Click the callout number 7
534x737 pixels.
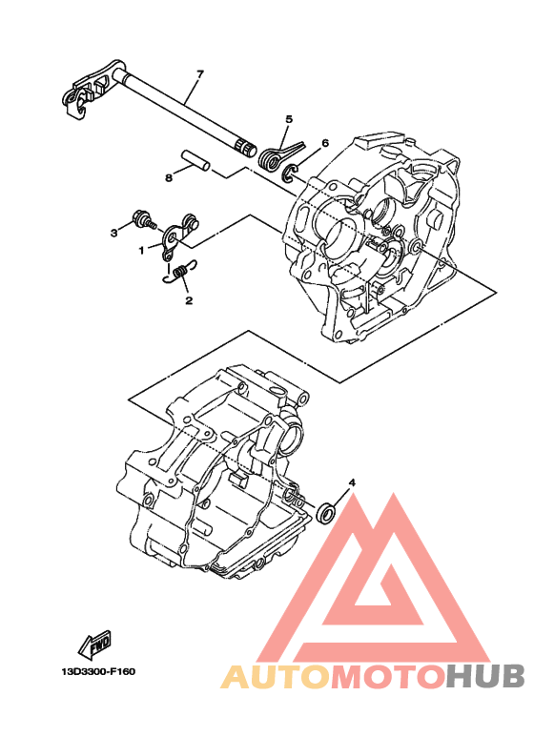tap(200, 73)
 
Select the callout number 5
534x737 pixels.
tap(287, 120)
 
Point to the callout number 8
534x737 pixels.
tap(168, 177)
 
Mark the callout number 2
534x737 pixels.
tap(188, 300)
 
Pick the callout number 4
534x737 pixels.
tap(352, 483)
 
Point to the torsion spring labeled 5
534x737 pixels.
tap(276, 156)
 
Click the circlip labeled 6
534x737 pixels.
tap(293, 173)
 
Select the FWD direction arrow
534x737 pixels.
tap(96, 646)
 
